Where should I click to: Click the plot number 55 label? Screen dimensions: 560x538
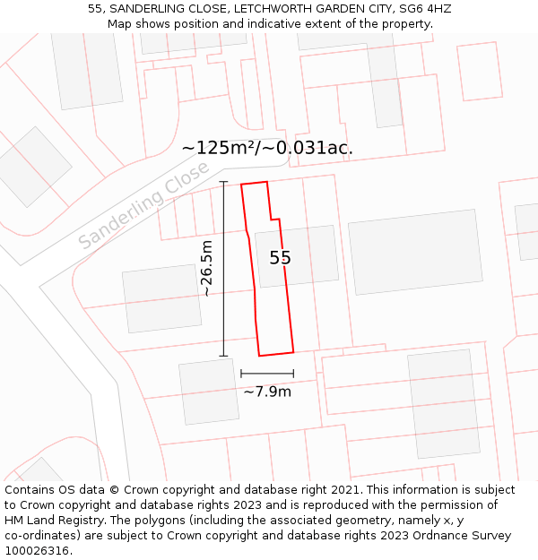pyautogui.click(x=280, y=258)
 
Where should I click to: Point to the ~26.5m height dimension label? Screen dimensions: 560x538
pyautogui.click(x=206, y=268)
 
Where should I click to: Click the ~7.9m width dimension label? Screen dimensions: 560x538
pyautogui.click(x=267, y=392)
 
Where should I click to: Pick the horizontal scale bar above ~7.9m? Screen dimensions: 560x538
pyautogui.click(x=267, y=374)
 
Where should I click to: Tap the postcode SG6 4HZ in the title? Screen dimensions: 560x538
pyautogui.click(x=425, y=9)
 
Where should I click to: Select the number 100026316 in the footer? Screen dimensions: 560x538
pyautogui.click(x=36, y=551)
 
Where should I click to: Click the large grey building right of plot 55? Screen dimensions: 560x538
pyautogui.click(x=415, y=252)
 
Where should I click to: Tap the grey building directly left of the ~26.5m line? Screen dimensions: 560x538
pyautogui.click(x=161, y=298)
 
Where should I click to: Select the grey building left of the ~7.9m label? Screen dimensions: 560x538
pyautogui.click(x=209, y=392)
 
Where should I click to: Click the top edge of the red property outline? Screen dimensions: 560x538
pyautogui.click(x=254, y=184)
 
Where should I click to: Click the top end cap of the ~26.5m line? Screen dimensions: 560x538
pyautogui.click(x=223, y=182)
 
